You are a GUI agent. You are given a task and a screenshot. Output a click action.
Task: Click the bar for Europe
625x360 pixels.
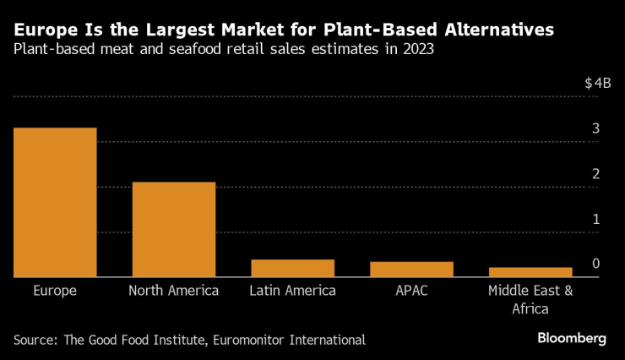point(55,202)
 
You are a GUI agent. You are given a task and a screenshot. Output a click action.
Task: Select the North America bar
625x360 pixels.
point(174,229)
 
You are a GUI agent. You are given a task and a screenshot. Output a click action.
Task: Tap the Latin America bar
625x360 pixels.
point(292,268)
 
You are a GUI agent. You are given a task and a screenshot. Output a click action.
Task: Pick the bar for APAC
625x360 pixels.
point(411,269)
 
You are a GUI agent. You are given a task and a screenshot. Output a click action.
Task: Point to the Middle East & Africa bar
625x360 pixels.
point(530,271)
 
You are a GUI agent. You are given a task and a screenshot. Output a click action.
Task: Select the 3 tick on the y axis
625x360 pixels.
point(595,129)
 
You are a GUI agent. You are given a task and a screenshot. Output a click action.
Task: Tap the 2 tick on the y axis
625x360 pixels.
point(595,174)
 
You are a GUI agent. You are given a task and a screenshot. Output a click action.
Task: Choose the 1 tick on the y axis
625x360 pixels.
point(595,219)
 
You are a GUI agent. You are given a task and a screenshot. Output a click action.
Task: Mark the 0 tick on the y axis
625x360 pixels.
point(595,264)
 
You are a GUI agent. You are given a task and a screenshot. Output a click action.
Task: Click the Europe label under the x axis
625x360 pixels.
point(55,291)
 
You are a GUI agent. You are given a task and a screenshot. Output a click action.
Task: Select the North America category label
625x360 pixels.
point(174,291)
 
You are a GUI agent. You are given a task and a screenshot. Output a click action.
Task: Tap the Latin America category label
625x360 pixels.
point(292,291)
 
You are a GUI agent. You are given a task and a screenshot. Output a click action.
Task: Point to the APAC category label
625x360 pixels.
point(411,291)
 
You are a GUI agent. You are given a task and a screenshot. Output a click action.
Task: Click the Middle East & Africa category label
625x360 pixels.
point(530,299)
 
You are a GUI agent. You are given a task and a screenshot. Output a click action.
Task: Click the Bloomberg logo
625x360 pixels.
point(572,338)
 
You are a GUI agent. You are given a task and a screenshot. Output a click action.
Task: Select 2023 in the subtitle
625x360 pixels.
point(420,50)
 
